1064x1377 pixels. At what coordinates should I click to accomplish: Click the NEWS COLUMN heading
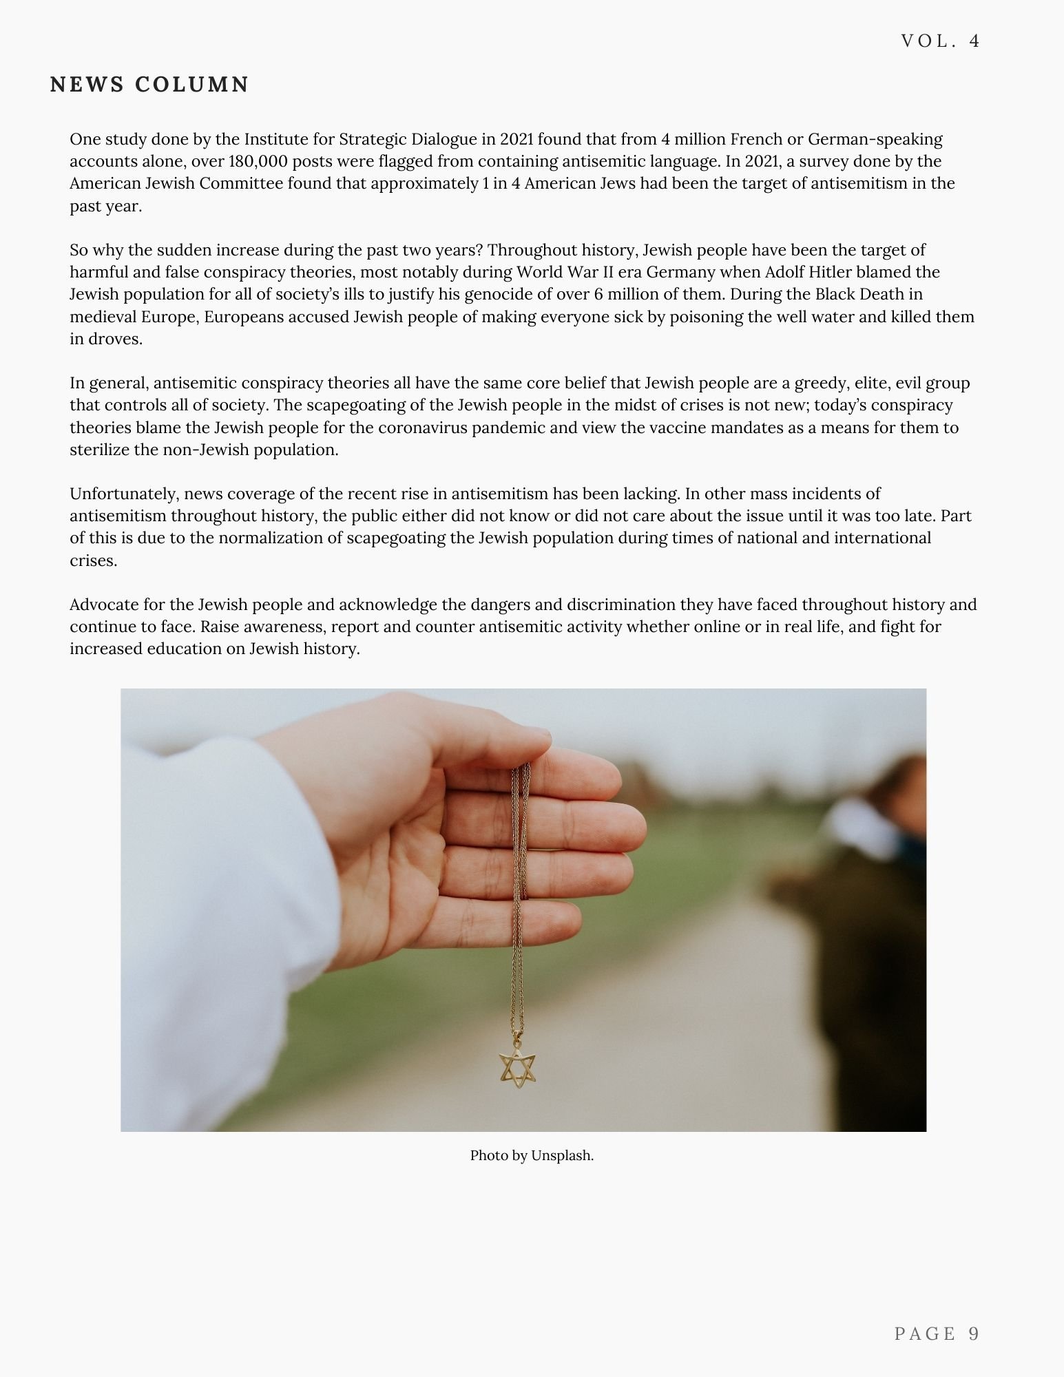coord(149,85)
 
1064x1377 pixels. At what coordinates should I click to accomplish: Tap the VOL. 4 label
coord(940,41)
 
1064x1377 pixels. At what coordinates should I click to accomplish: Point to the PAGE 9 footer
coord(937,1334)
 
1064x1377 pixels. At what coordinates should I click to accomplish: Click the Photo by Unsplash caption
coord(532,1155)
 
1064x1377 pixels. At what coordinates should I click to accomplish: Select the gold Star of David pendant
coord(517,1069)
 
